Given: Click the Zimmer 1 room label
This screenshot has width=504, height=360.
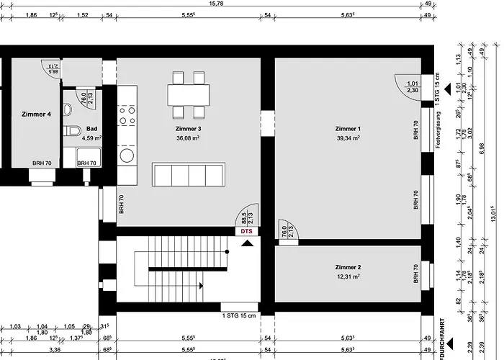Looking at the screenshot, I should [348, 129].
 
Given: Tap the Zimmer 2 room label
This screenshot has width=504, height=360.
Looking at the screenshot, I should [348, 267].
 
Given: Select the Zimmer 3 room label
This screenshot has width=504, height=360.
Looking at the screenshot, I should [188, 129].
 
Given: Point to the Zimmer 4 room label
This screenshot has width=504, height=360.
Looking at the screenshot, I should [37, 114].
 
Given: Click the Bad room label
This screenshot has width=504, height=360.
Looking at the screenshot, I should [91, 128].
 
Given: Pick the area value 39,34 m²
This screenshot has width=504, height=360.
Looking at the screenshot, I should [348, 138].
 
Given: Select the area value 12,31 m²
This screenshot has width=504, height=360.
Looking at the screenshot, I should [348, 276].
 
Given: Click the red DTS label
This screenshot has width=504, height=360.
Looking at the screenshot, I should [247, 231].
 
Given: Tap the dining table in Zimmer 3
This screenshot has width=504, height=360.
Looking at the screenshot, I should [188, 94].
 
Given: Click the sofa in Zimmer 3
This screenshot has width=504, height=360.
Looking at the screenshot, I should [187, 175].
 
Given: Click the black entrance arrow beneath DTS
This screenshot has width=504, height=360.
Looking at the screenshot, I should [247, 243].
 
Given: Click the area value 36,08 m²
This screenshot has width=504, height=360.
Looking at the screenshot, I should [188, 138].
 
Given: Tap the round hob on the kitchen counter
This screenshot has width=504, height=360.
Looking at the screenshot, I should [127, 155].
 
